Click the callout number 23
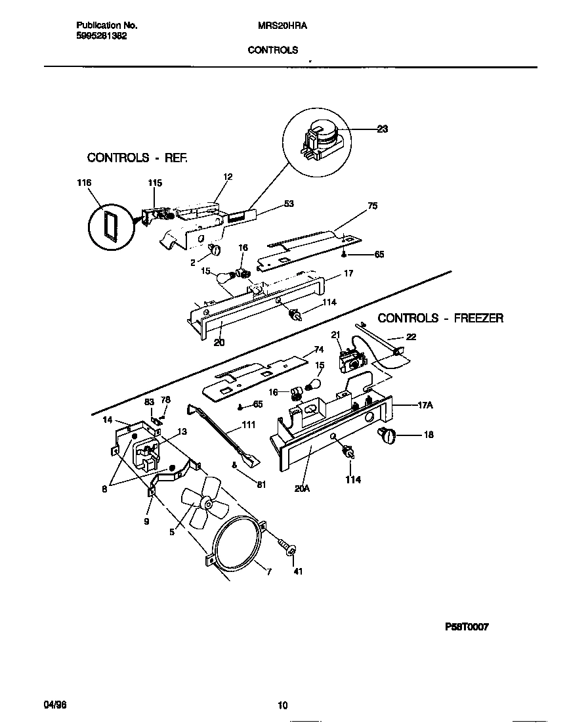pyautogui.click(x=382, y=129)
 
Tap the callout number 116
pyautogui.click(x=83, y=183)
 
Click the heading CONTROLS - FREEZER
pyautogui.click(x=440, y=318)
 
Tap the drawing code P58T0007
pyautogui.click(x=467, y=626)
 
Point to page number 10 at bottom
pyautogui.click(x=283, y=706)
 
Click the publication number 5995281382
pyautogui.click(x=97, y=36)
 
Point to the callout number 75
pyautogui.click(x=372, y=206)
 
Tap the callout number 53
pyautogui.click(x=287, y=204)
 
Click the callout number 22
pyautogui.click(x=411, y=336)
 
